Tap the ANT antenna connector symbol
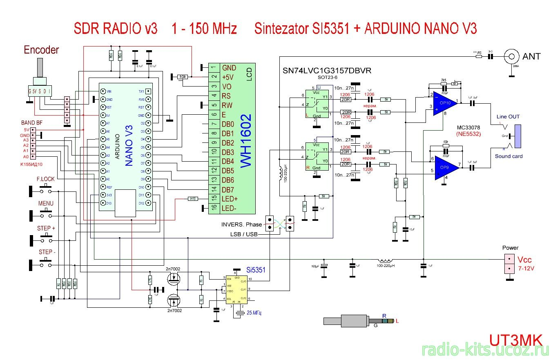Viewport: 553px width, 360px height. click(x=511, y=56)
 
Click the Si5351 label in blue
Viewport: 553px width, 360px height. click(x=256, y=270)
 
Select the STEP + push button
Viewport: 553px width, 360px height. click(x=45, y=239)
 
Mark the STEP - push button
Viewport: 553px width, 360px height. click(x=45, y=264)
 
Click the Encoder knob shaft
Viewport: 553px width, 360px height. click(x=40, y=67)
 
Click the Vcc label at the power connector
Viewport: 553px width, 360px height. click(x=525, y=260)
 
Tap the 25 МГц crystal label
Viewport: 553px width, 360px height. click(x=254, y=313)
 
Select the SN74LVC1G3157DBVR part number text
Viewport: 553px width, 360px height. click(x=327, y=70)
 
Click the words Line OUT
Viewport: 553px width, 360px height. click(x=508, y=117)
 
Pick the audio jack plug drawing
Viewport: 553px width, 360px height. click(x=359, y=321)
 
